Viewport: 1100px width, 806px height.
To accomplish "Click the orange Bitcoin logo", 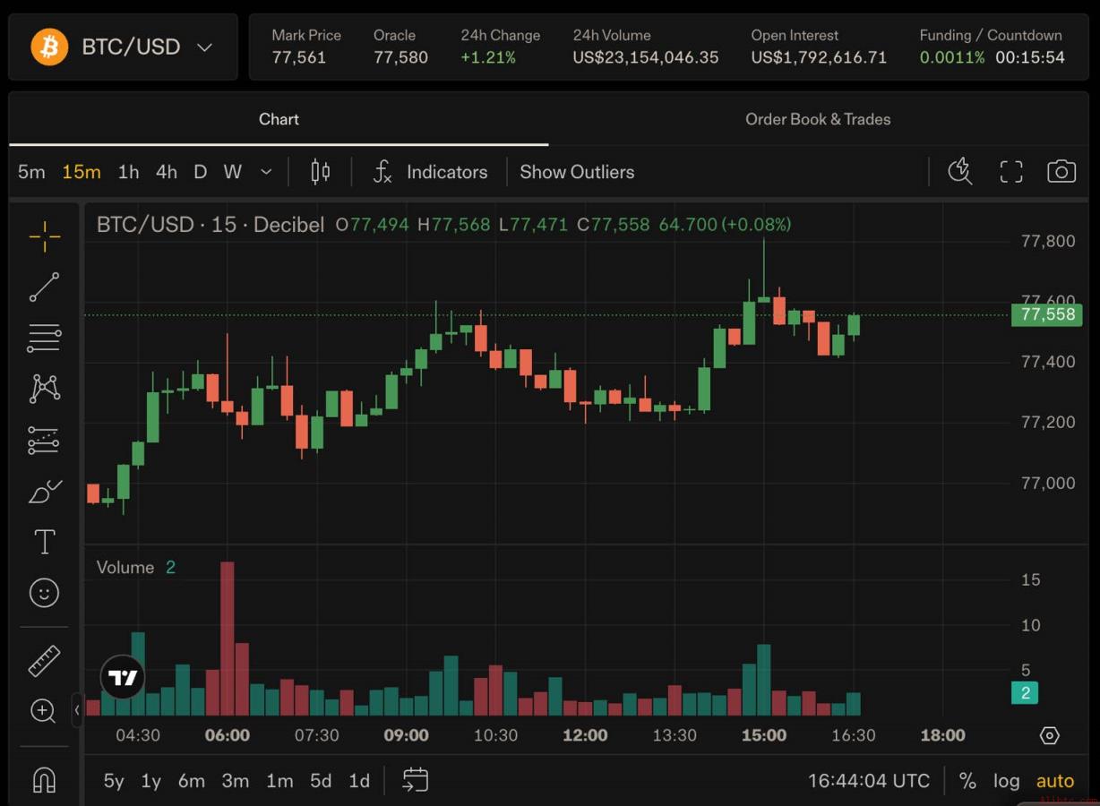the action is pyautogui.click(x=49, y=47).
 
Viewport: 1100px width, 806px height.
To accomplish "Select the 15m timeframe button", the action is pyautogui.click(x=82, y=172).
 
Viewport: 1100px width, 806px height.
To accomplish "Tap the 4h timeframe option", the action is pyautogui.click(x=167, y=172).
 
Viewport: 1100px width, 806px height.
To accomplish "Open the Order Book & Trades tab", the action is pyautogui.click(x=818, y=119).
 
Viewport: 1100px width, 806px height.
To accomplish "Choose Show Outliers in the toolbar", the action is pyautogui.click(x=577, y=172).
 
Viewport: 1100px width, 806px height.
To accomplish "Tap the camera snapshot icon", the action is pyautogui.click(x=1061, y=172).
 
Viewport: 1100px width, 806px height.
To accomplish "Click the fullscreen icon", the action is pyautogui.click(x=1011, y=172).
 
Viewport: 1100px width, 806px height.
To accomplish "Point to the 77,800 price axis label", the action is pyautogui.click(x=1048, y=241).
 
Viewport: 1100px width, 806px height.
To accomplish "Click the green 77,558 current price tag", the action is pyautogui.click(x=1046, y=314).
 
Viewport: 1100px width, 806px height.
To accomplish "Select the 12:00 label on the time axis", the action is pyautogui.click(x=585, y=735).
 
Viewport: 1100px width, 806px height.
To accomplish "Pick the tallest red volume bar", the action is pyautogui.click(x=228, y=639).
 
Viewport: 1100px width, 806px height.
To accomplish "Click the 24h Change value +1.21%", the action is pyautogui.click(x=488, y=57).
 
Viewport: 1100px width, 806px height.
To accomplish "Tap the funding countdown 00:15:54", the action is pyautogui.click(x=1030, y=57).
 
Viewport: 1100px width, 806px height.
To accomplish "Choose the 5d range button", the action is pyautogui.click(x=321, y=780).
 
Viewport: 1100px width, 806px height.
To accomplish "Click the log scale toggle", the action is pyautogui.click(x=1006, y=780).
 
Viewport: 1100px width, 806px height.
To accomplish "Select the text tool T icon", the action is pyautogui.click(x=45, y=542).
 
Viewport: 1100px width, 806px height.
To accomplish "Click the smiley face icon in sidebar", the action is pyautogui.click(x=44, y=593).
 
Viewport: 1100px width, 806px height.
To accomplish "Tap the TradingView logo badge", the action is pyautogui.click(x=123, y=677).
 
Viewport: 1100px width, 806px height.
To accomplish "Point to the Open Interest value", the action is pyautogui.click(x=819, y=57).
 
